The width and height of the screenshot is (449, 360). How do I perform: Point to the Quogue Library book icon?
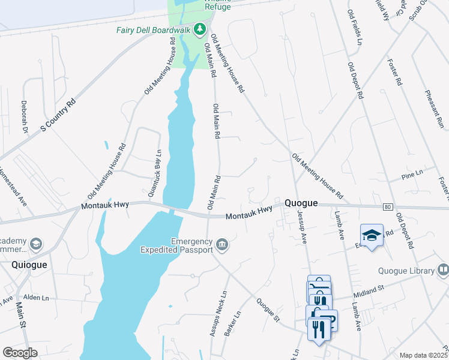[x=443, y=270]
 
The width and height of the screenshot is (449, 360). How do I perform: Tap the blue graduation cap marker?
[x=372, y=235]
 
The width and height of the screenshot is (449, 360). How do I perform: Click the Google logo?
[x=20, y=353]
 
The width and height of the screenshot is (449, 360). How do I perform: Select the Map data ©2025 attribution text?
[x=423, y=355]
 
